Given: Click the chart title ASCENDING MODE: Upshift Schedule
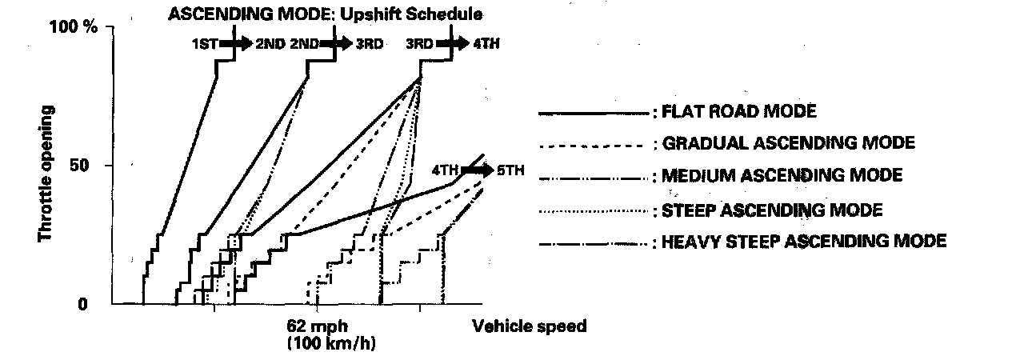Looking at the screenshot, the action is [326, 14].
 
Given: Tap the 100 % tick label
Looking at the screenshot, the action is [74, 27].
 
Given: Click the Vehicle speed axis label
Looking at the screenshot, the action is [530, 326].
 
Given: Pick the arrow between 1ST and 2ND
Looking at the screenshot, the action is [236, 43].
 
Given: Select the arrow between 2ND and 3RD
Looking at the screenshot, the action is [335, 43].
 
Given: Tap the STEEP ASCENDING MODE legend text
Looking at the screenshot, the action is [773, 210].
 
